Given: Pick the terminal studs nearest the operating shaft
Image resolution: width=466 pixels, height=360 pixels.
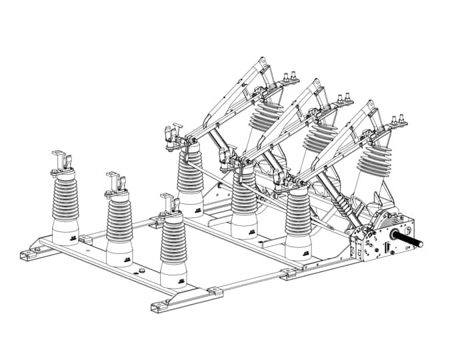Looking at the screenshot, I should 398,120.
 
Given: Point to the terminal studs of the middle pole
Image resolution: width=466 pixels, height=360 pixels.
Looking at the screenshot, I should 343,99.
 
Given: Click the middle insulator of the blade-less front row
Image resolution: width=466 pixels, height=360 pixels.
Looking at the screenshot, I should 119,220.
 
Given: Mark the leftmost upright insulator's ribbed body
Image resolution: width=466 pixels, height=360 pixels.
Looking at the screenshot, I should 65,200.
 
